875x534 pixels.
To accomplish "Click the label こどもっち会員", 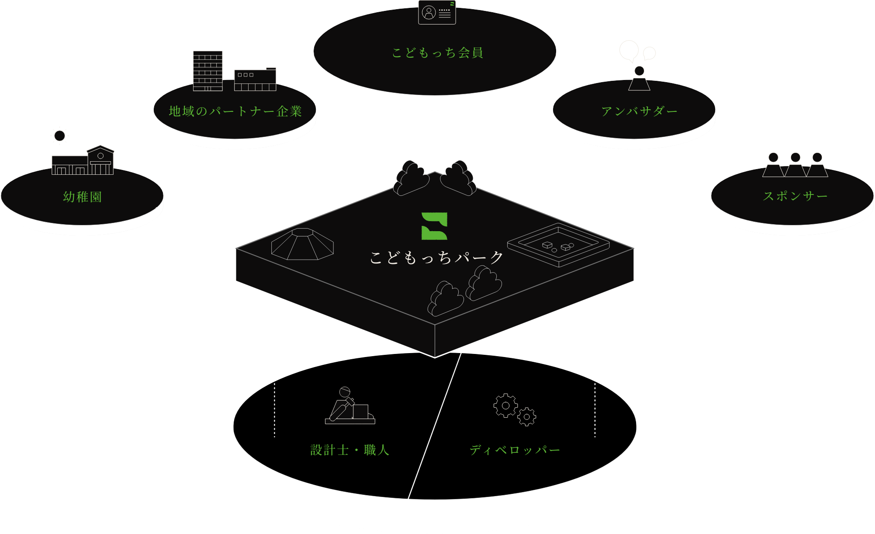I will point(437,53).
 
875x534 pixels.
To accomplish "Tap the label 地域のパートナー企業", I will point(235,111).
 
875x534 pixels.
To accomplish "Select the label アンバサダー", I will point(639,111).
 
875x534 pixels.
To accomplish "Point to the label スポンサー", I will point(795,196).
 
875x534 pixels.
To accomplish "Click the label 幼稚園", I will point(83,197).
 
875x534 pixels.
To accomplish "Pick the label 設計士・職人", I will point(349,450).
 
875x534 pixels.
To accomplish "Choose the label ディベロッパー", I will point(515,450).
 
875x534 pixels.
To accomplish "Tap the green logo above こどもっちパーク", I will point(434,226).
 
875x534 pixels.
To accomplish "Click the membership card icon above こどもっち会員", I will point(437,12).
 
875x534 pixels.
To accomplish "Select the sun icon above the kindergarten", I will point(60,135).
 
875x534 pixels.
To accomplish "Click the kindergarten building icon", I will point(83,161).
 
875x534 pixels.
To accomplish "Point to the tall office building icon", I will point(208,71).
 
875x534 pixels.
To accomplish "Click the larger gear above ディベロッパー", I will point(505,406).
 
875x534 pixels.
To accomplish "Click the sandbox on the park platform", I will point(558,244).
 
